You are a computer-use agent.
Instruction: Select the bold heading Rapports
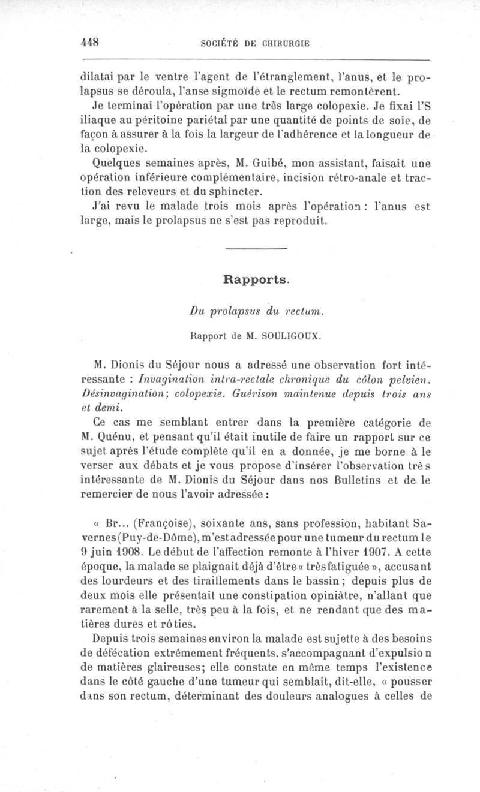tap(256, 279)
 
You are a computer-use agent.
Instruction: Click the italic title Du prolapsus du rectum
tap(256, 311)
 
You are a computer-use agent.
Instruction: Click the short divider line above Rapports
tap(256, 248)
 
